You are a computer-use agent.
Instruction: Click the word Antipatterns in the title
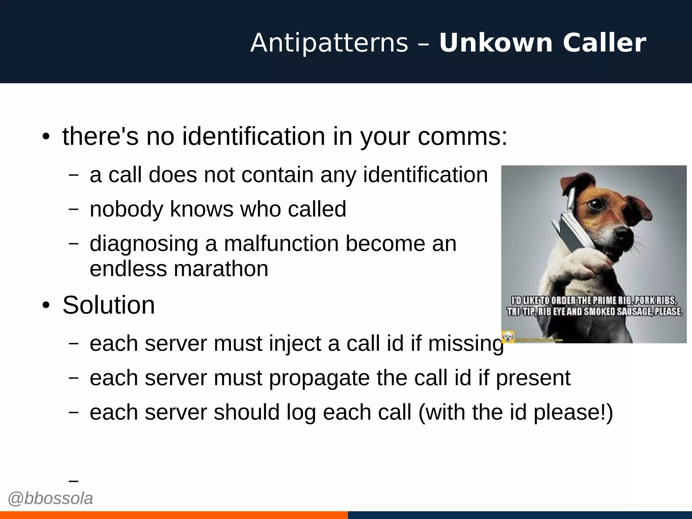pos(329,43)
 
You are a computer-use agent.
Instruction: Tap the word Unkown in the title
pos(496,43)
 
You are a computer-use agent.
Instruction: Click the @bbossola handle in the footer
pos(50,498)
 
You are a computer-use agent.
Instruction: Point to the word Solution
pos(108,305)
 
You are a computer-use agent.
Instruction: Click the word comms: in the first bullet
pos(463,137)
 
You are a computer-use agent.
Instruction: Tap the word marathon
pos(221,269)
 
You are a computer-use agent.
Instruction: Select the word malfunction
pos(281,243)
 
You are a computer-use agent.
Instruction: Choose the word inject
pos(295,343)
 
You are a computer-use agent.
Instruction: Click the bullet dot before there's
pos(46,137)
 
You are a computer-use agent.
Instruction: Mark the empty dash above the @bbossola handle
pos(73,480)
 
